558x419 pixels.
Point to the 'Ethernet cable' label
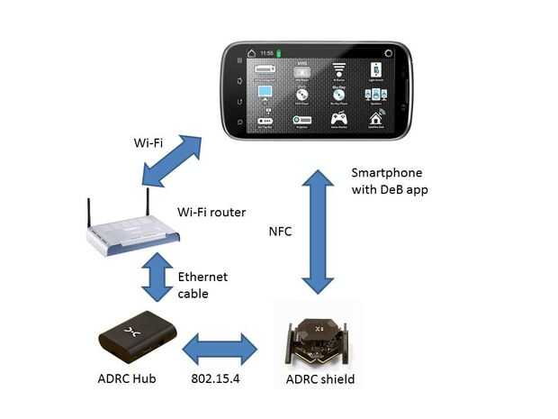[x=202, y=286]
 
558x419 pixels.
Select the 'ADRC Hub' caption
[x=126, y=379]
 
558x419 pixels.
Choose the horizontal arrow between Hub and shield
[x=220, y=348]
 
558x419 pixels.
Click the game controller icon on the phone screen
[x=339, y=118]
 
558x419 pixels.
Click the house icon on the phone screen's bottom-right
[x=375, y=118]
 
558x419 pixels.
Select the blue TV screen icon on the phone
[x=265, y=92]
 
